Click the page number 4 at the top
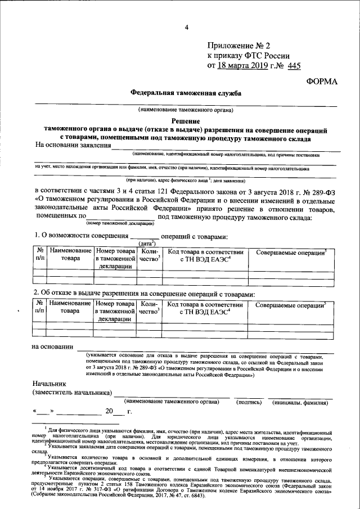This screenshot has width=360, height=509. (186, 28)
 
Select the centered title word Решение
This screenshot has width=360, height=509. (186, 120)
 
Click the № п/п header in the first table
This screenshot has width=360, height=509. (40, 254)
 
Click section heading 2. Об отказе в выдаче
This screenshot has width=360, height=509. (144, 294)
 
